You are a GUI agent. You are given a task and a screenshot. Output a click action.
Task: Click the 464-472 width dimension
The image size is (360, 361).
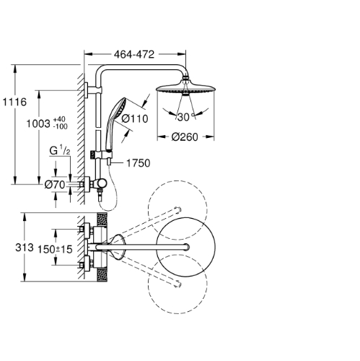(x=134, y=55)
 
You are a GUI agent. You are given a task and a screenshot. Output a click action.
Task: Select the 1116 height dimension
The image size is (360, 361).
(x=14, y=102)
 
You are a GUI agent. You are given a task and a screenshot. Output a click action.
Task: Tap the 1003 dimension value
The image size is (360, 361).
(x=38, y=124)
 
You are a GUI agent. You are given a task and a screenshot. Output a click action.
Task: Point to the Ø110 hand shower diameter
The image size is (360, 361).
(x=135, y=118)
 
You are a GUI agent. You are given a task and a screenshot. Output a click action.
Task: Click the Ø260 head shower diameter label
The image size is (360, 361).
(x=185, y=137)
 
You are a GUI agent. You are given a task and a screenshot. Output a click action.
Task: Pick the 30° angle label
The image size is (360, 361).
(x=185, y=117)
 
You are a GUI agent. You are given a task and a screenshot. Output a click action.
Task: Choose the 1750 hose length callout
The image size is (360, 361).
(x=139, y=163)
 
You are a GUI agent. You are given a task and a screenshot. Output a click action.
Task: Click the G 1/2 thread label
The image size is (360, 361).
(x=60, y=150)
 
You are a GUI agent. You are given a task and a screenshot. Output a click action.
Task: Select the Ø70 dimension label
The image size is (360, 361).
(x=55, y=185)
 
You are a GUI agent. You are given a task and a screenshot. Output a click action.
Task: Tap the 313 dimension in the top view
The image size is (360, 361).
(x=25, y=248)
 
